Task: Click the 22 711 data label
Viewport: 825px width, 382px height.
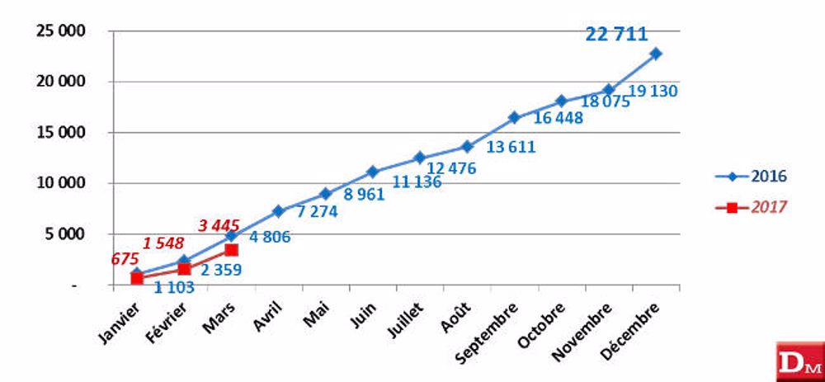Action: [616, 34]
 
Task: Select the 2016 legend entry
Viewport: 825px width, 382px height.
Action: [751, 177]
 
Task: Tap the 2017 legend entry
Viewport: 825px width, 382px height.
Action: [751, 207]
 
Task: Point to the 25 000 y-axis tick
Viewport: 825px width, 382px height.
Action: [65, 31]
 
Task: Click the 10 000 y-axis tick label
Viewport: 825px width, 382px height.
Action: [65, 183]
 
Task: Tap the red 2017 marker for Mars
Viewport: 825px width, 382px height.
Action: [232, 249]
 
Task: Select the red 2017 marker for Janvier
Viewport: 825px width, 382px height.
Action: [137, 278]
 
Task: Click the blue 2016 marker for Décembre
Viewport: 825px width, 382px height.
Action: [656, 54]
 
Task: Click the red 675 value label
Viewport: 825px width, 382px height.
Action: [125, 259]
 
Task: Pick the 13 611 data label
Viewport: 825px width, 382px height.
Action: [511, 148]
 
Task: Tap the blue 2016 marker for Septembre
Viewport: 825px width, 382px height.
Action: [514, 117]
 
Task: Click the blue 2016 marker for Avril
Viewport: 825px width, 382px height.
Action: [279, 211]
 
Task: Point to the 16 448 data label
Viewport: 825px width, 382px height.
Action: [558, 118]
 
